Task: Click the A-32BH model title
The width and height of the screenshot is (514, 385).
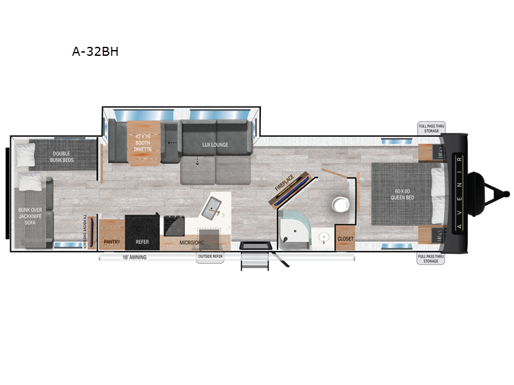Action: click(95, 52)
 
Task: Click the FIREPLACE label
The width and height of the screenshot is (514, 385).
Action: click(283, 182)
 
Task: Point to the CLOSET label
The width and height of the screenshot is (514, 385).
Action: click(345, 239)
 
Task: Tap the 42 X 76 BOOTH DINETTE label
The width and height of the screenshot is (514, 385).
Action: click(142, 142)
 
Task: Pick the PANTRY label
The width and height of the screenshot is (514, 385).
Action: click(112, 243)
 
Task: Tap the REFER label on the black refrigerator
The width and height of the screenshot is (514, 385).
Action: click(142, 243)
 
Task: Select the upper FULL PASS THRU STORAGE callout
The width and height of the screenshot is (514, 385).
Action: click(431, 128)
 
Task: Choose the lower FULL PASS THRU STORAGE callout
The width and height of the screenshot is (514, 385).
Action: click(431, 259)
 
